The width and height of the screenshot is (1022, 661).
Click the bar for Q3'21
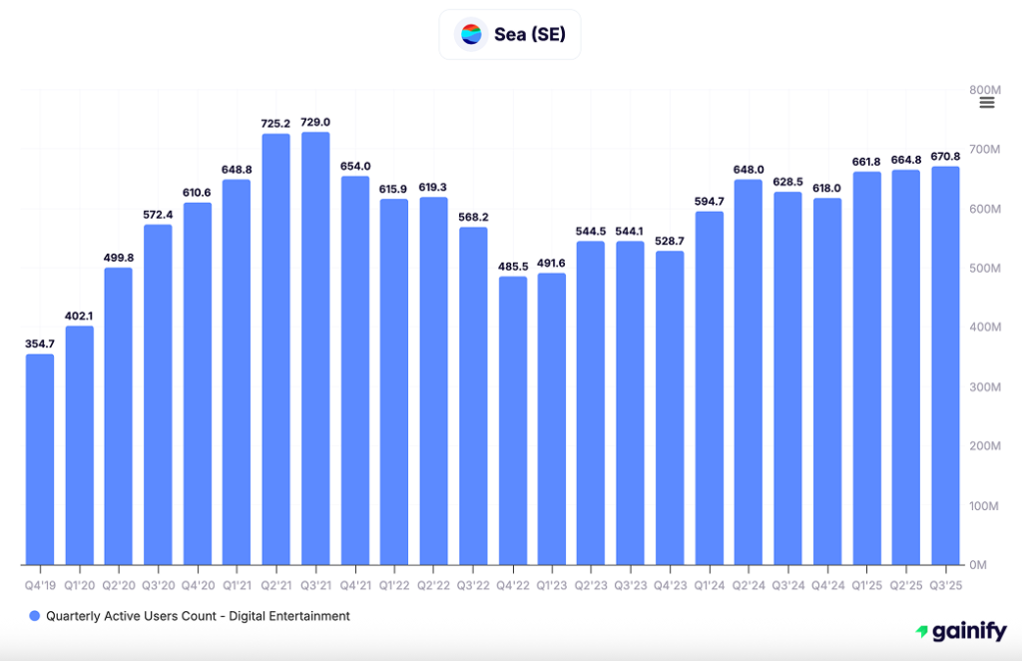click(315, 348)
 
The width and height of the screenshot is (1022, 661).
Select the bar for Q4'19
click(40, 459)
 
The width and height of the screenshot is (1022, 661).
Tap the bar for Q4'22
click(513, 420)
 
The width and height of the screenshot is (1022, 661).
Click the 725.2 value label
click(276, 123)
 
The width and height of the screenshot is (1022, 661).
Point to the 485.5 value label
click(513, 266)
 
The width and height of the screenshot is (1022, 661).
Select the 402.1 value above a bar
click(80, 316)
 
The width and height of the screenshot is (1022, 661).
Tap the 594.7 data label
click(710, 201)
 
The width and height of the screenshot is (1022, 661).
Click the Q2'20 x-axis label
click(119, 584)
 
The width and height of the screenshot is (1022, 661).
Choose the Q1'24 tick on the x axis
click(710, 584)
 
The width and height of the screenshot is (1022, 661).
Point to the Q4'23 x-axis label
click(671, 584)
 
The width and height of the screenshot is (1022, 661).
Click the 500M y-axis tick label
click(985, 268)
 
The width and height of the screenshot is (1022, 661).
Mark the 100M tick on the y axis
click(985, 506)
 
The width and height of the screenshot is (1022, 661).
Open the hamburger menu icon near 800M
click(987, 102)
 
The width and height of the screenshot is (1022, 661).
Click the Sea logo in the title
click(471, 34)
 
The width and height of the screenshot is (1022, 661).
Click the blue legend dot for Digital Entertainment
click(35, 617)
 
